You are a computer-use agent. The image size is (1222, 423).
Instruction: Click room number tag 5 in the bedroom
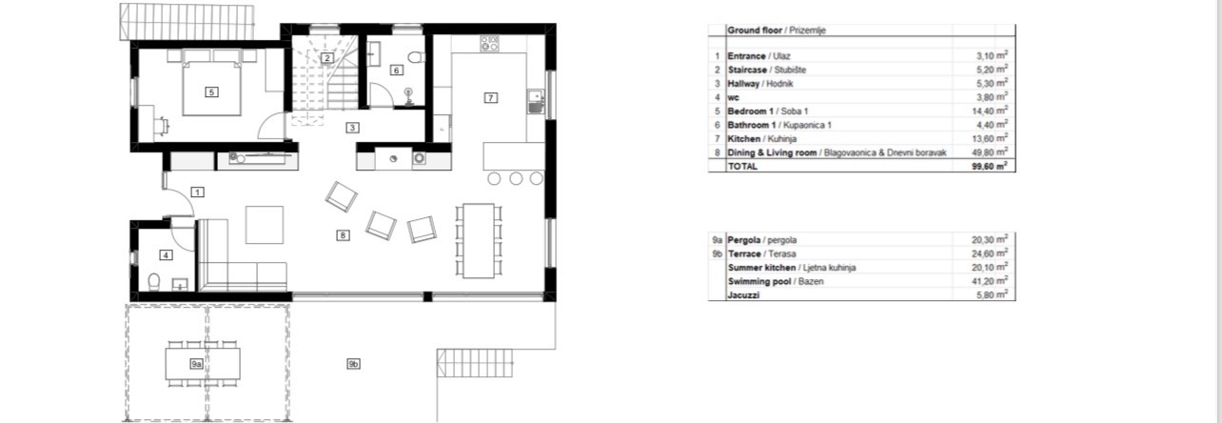click(211, 92)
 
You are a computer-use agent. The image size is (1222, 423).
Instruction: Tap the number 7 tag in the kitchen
click(490, 98)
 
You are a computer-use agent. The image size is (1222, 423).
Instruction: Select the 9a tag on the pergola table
click(196, 364)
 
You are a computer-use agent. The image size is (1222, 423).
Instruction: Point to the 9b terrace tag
click(353, 364)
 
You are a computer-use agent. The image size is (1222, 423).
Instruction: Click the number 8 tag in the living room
click(343, 235)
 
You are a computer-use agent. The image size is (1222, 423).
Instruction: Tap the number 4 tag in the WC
click(166, 255)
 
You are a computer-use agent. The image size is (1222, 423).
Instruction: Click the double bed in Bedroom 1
click(211, 83)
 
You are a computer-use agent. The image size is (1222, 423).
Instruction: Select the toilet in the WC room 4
click(154, 281)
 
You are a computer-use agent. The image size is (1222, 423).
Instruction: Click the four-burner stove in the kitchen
click(489, 44)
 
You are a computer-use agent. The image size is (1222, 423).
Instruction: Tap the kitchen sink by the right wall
click(536, 102)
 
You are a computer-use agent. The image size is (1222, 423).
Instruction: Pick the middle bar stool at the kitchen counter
click(516, 178)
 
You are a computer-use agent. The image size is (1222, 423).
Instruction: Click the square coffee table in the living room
click(264, 224)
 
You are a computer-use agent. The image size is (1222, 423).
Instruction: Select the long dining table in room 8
click(479, 241)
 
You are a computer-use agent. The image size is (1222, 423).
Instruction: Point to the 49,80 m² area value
click(990, 152)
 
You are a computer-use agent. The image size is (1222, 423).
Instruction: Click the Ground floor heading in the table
click(755, 30)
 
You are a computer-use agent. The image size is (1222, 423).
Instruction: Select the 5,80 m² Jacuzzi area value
click(992, 294)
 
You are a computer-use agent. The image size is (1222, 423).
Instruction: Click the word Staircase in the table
click(747, 70)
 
